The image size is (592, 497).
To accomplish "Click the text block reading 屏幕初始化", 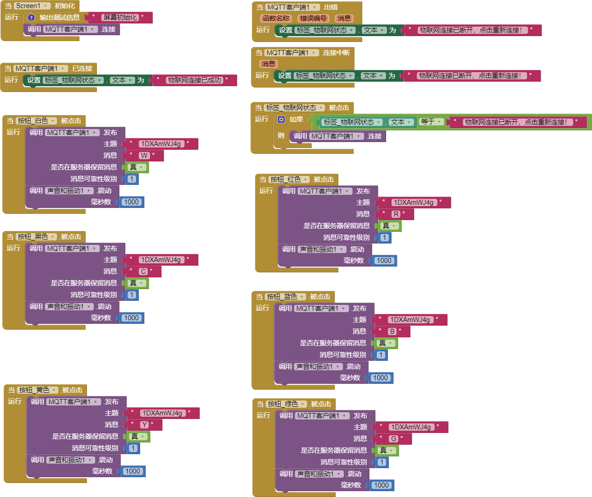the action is (x=120, y=18).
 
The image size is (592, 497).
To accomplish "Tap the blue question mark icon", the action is (x=31, y=18).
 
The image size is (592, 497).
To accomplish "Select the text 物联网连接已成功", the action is (x=194, y=80).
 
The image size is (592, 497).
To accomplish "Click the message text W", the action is (x=144, y=156).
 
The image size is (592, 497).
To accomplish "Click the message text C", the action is (x=143, y=272).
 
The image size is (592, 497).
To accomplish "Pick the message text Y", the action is (x=145, y=425).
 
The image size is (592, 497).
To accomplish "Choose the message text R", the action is (x=396, y=214).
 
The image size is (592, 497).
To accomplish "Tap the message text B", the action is (x=392, y=331).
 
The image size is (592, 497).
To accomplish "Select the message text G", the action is (x=393, y=438).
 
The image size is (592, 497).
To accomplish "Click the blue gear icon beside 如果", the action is (x=281, y=120).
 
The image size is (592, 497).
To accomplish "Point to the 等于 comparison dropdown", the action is (x=431, y=122).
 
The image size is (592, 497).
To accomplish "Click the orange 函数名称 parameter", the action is (x=276, y=18).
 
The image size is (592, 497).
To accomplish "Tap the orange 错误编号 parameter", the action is (x=313, y=18).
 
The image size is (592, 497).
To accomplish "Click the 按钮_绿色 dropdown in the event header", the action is (x=287, y=404).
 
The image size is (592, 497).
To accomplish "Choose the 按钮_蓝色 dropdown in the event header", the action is (x=286, y=297).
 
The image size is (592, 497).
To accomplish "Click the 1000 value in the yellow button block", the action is (x=133, y=471).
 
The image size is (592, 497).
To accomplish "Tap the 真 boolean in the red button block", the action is (x=389, y=226).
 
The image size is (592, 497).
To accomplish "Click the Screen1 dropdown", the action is (x=32, y=6).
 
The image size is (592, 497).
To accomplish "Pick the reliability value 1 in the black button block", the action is (x=132, y=295).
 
